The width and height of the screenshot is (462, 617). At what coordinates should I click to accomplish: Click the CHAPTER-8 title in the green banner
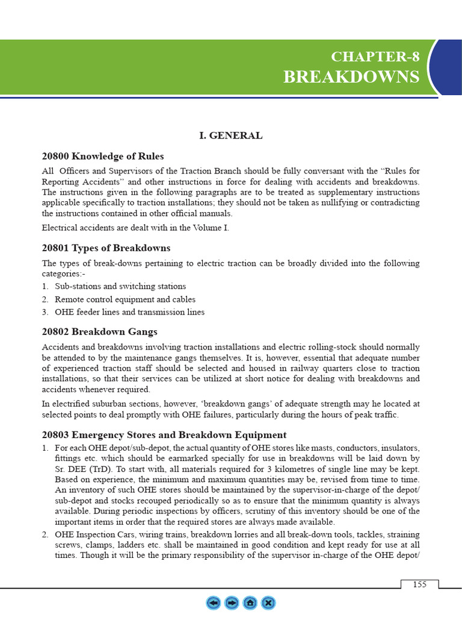click(375, 57)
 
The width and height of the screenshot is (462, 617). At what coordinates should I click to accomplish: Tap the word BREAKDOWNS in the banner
click(351, 77)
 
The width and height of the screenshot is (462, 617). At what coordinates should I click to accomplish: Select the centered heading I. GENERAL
click(230, 136)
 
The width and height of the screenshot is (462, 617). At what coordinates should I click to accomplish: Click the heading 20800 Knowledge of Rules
click(102, 156)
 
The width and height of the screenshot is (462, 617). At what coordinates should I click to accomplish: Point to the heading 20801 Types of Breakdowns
click(106, 248)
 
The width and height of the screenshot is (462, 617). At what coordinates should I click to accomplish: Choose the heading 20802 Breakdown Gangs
click(99, 331)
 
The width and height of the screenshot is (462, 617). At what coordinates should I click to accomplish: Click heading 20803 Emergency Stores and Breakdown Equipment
click(164, 434)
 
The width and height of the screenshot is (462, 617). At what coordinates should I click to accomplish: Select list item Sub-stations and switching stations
click(120, 286)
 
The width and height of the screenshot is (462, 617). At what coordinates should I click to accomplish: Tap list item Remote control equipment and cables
click(125, 299)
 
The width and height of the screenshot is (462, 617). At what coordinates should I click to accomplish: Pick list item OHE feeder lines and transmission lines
click(129, 312)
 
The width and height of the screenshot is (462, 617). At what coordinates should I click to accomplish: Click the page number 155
click(419, 585)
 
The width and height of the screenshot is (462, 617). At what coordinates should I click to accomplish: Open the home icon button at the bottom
click(250, 603)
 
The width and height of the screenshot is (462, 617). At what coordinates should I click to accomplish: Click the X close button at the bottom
click(269, 603)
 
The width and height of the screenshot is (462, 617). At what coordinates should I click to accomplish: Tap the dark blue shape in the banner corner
click(448, 66)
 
